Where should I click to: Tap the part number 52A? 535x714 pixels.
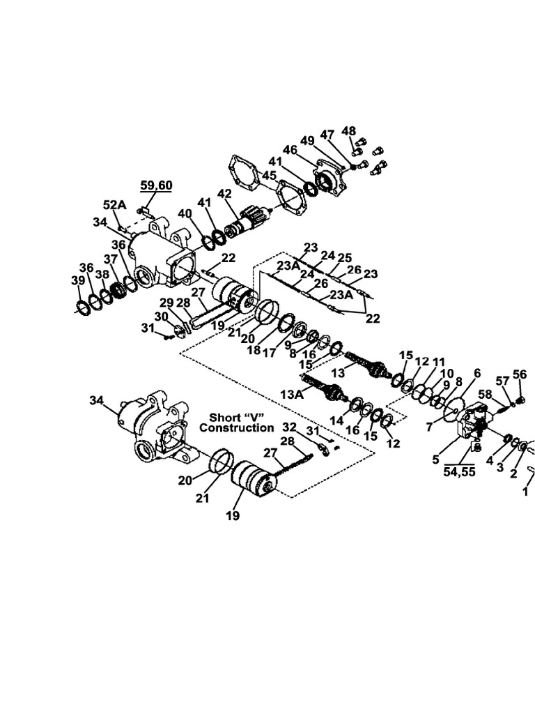[115, 205]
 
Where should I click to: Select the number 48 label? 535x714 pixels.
[348, 130]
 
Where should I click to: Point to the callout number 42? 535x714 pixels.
[225, 194]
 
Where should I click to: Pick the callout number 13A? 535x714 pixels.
[293, 394]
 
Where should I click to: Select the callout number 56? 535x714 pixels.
[520, 374]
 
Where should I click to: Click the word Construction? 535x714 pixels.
[236, 427]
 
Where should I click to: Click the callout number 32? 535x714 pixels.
[289, 427]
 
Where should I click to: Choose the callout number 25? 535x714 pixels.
[345, 257]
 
